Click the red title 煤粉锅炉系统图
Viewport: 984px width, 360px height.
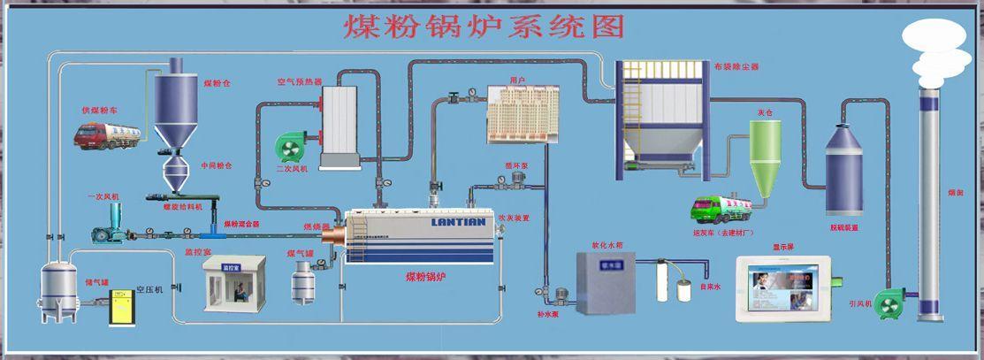pyautogui.click(x=484, y=26)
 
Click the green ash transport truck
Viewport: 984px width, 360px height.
pyautogui.click(x=721, y=209)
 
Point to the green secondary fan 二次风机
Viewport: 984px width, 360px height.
pyautogui.click(x=292, y=147)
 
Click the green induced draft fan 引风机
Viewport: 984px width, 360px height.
pyautogui.click(x=887, y=301)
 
